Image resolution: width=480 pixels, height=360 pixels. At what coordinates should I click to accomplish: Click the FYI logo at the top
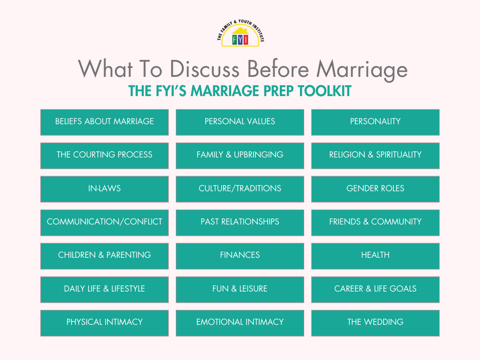click(x=240, y=34)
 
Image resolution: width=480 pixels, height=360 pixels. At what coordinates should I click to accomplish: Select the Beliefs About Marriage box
click(x=105, y=122)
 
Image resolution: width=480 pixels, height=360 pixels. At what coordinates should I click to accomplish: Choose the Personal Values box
click(x=240, y=122)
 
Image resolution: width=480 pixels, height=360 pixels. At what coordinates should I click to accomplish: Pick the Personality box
click(x=375, y=122)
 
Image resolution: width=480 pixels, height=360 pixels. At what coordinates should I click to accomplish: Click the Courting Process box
click(x=105, y=155)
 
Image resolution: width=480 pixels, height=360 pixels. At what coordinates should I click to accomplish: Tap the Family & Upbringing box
click(x=240, y=155)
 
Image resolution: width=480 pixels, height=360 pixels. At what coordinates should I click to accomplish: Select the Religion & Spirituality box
click(x=375, y=155)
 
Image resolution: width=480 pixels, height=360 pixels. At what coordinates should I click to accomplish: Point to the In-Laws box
click(x=105, y=189)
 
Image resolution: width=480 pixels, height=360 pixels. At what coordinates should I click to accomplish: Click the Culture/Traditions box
click(x=240, y=189)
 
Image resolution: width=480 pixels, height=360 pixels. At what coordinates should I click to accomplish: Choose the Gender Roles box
click(x=375, y=189)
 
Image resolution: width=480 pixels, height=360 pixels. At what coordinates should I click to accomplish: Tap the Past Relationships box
click(x=240, y=222)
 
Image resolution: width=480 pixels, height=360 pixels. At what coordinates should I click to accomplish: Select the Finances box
click(x=240, y=255)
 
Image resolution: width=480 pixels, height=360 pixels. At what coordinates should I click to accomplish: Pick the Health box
click(x=375, y=255)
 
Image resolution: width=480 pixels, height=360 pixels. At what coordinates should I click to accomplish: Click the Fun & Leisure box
click(x=240, y=289)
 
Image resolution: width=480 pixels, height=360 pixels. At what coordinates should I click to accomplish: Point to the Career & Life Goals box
click(x=375, y=289)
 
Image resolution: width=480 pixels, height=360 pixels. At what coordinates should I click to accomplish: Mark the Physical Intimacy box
click(x=105, y=322)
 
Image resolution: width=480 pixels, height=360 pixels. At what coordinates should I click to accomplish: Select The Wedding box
click(x=375, y=322)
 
